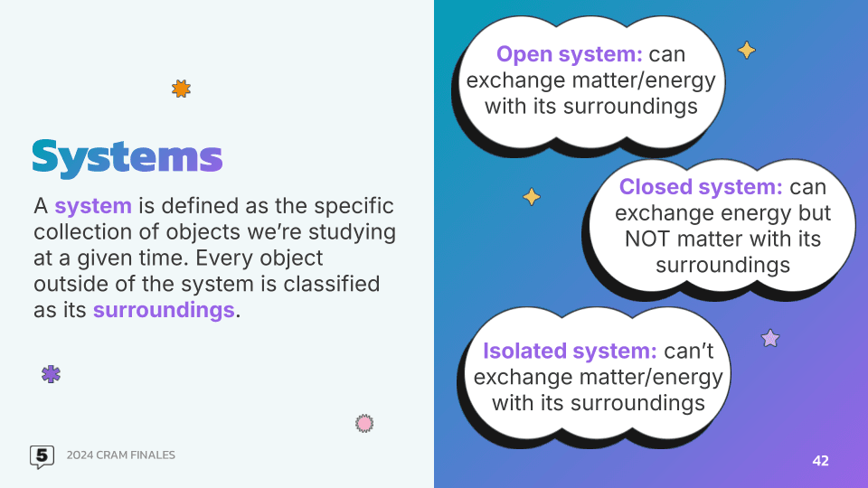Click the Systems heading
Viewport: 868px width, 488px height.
coord(127,158)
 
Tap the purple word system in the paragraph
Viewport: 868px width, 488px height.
coord(93,206)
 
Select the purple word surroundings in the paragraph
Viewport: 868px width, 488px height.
coord(164,310)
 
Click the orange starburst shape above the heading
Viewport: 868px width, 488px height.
coord(181,89)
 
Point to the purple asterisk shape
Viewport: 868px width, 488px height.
coord(51,374)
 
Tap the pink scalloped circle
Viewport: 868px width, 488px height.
coord(364,423)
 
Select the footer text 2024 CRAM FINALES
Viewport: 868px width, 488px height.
coord(120,455)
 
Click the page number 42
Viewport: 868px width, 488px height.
coord(820,461)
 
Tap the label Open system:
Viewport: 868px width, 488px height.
coord(569,54)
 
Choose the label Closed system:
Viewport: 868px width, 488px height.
coord(701,187)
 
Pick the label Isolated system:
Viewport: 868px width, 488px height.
coord(570,351)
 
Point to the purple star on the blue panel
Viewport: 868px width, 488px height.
coord(770,338)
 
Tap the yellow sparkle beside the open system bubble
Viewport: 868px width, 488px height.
coord(746,51)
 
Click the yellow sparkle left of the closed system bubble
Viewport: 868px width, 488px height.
coord(532,196)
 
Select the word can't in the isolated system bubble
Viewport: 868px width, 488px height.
coord(689,351)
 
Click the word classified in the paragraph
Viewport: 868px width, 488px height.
coord(332,284)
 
